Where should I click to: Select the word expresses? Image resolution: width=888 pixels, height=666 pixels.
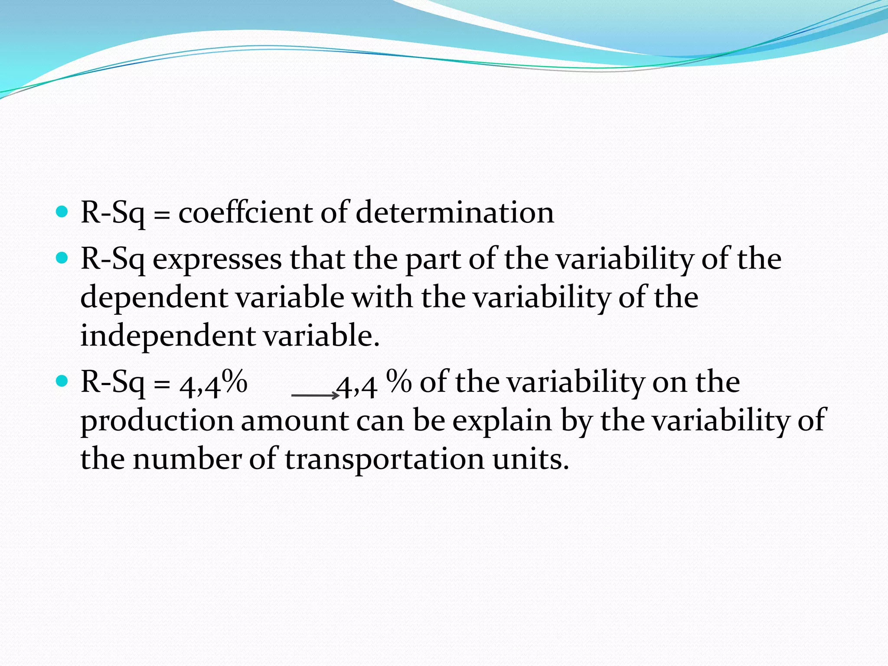pos(217,259)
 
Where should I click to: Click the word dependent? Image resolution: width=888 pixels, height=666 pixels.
pos(154,298)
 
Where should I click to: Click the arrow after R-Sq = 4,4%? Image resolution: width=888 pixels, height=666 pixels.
pos(315,395)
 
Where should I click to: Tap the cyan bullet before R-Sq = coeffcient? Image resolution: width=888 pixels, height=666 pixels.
pos(62,212)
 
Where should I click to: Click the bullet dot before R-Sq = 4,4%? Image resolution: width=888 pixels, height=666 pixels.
pos(62,382)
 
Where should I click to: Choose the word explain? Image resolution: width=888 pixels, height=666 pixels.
pos(502,421)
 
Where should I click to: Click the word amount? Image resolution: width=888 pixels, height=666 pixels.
pos(294,421)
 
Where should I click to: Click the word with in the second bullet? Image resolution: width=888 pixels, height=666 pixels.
pos(382,297)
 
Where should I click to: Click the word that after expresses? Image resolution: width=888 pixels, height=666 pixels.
pos(317,259)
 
